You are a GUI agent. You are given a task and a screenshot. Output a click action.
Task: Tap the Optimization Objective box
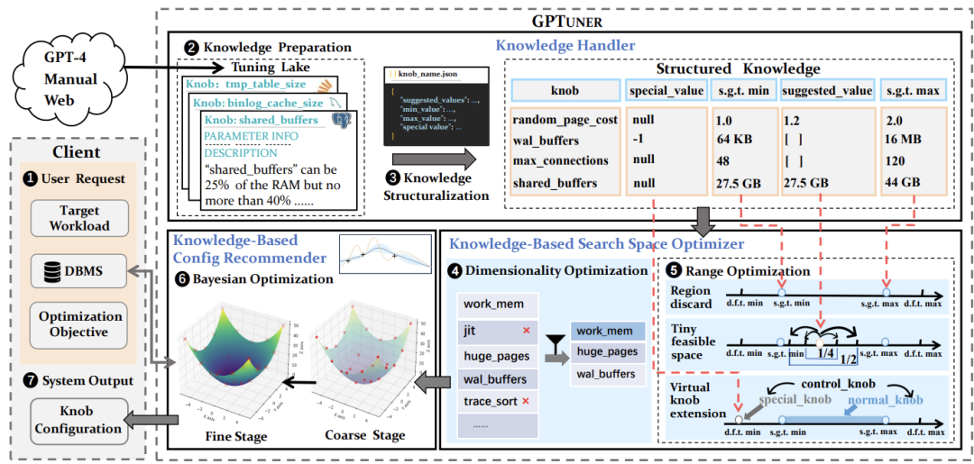click(79, 323)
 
